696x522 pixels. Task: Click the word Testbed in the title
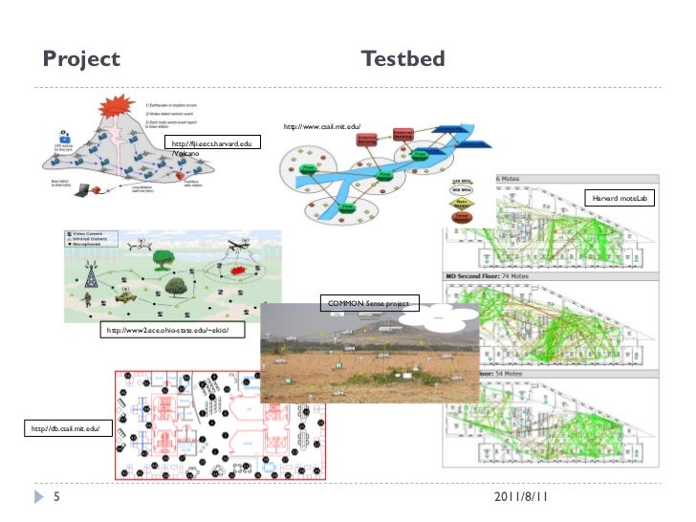point(403,60)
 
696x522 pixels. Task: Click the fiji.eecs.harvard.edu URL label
point(211,143)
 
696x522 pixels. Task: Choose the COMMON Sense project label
point(368,304)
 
